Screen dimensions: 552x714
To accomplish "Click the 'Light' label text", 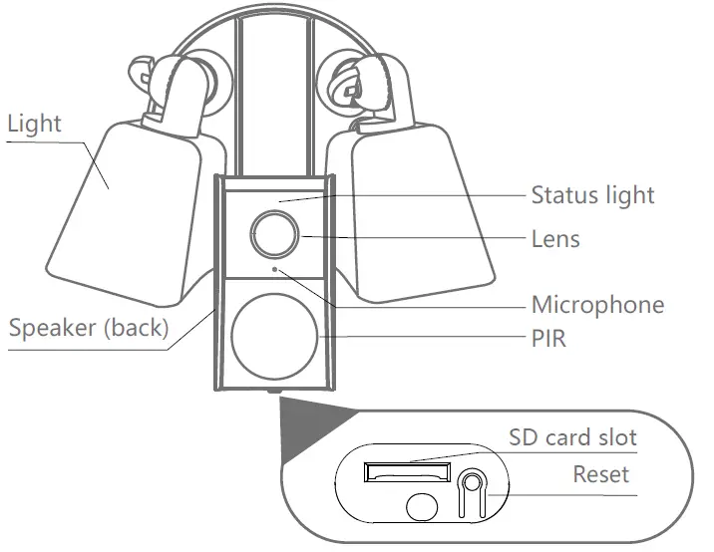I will pos(34,125).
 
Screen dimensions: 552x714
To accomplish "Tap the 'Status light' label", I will pos(592,194).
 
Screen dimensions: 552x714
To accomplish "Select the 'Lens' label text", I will pos(554,239).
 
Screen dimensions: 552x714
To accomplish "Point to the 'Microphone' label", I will pos(596,304).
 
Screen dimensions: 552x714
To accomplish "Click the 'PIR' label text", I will pos(547,339).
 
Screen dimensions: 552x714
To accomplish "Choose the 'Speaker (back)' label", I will pos(89,328).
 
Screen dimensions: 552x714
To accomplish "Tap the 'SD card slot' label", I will pos(572,437).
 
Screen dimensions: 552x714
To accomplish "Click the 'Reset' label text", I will pos(600,473).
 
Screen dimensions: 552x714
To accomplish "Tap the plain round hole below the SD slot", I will pos(423,505).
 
